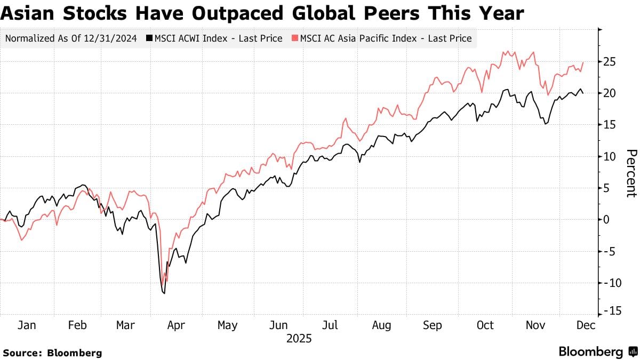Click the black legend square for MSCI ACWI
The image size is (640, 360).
tap(149, 38)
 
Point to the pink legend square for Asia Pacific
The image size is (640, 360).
tap(295, 38)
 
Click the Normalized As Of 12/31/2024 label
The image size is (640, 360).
tap(70, 38)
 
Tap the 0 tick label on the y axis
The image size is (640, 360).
tap(606, 219)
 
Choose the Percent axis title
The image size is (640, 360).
tap(631, 173)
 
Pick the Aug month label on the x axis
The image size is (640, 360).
tap(381, 325)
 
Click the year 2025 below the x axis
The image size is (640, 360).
tap(299, 339)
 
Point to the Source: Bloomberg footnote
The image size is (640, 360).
tap(52, 353)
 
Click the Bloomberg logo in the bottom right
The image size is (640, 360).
tap(597, 352)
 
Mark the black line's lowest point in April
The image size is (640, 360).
tap(164, 293)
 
